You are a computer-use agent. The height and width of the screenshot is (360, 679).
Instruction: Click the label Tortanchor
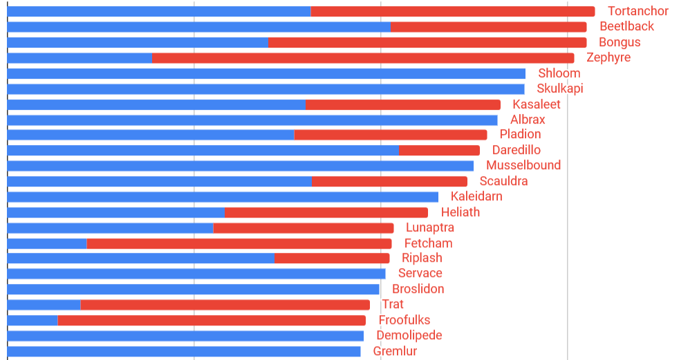(638, 11)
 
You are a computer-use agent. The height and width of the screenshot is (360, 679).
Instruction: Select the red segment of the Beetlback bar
(488, 27)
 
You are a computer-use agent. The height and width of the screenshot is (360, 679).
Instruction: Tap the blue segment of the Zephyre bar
(80, 58)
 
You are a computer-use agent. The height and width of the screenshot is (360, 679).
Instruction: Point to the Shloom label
(559, 73)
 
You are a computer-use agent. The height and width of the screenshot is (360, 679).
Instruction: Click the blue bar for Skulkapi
(266, 89)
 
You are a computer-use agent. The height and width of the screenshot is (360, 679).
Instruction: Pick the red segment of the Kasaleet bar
(402, 104)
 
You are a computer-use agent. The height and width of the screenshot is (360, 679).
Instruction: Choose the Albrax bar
(252, 120)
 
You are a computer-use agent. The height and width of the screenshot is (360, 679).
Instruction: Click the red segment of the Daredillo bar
(439, 150)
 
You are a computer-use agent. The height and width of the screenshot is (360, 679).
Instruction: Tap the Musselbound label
(523, 165)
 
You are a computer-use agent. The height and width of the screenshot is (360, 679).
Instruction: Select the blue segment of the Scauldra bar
(159, 181)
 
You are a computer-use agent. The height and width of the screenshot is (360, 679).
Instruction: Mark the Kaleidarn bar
(223, 197)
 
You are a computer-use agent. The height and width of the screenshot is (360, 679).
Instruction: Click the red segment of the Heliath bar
(326, 212)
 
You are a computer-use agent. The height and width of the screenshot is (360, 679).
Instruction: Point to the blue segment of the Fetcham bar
(47, 243)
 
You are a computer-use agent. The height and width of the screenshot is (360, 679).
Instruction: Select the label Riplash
(422, 258)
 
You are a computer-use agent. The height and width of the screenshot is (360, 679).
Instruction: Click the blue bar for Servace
(196, 274)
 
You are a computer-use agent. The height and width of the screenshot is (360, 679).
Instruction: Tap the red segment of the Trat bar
(225, 305)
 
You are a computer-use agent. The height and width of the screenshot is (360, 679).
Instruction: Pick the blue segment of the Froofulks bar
(32, 320)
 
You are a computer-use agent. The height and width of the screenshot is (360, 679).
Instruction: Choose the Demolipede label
(409, 336)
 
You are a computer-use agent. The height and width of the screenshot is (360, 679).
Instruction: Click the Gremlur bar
(184, 351)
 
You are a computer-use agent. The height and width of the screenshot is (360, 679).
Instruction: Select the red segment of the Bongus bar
(427, 42)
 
